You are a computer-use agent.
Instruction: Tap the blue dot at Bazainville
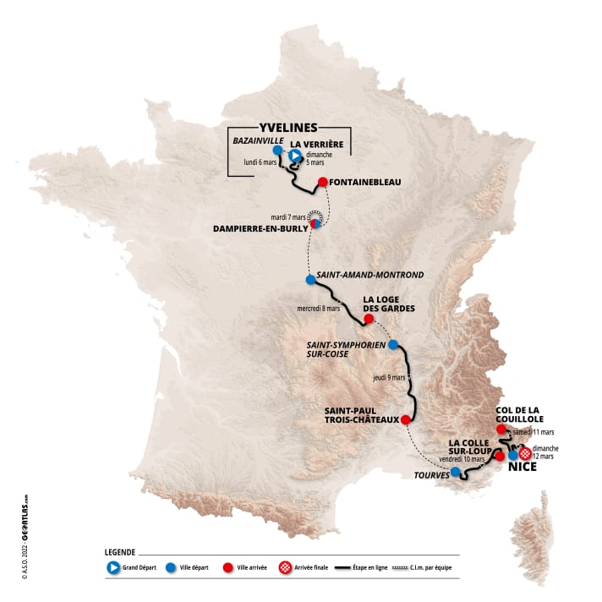(278, 150)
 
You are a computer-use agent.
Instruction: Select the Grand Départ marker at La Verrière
(294, 156)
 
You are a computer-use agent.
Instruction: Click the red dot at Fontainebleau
(322, 182)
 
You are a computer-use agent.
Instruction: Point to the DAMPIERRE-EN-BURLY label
(264, 227)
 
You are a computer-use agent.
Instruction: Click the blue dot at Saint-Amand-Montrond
(310, 279)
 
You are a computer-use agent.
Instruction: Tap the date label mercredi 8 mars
(318, 309)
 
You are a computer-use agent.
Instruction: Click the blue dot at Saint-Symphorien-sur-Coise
(393, 344)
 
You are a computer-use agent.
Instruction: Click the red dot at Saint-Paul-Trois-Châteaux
(405, 419)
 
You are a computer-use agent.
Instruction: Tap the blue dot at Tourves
(456, 472)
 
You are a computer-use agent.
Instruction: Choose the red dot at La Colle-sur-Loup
(500, 456)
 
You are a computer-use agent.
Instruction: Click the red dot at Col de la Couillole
(501, 429)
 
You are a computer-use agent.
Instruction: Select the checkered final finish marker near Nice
(526, 454)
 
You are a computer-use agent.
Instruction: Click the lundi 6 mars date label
(260, 162)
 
